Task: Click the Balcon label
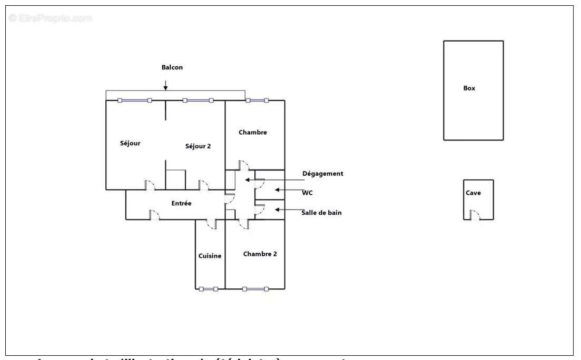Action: point(172,67)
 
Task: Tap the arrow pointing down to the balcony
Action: point(165,85)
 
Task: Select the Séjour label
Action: point(130,143)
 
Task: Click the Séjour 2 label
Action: point(198,146)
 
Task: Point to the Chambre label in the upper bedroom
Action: point(252,132)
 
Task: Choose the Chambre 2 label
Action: point(260,254)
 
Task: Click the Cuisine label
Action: point(210,256)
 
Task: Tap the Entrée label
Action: point(181,203)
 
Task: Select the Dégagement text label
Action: point(322,173)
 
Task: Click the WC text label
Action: point(307,193)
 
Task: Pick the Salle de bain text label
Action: point(321,213)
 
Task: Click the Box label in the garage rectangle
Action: point(469,88)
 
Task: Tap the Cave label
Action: point(473,193)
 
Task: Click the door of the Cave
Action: point(474,215)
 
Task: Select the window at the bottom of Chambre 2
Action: point(255,288)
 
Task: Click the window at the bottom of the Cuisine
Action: point(208,288)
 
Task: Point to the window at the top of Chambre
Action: point(257,100)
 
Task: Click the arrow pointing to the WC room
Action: point(287,190)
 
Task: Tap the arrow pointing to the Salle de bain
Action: point(287,209)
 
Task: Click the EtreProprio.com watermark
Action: point(50,18)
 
